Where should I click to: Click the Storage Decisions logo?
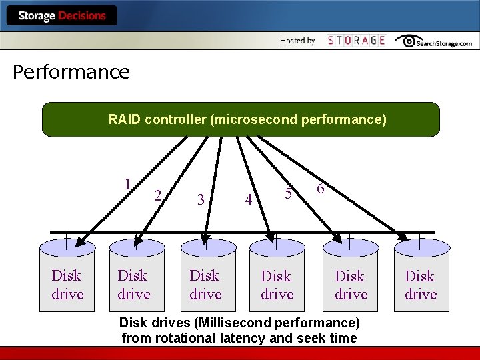62,15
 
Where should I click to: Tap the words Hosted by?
297,41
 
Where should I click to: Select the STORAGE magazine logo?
357,41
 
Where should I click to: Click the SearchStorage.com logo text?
444,43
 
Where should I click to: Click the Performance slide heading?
71,72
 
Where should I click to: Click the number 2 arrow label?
157,195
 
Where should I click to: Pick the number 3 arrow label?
201,199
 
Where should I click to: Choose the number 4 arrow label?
248,199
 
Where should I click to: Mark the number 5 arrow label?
288,194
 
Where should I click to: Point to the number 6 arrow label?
321,189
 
